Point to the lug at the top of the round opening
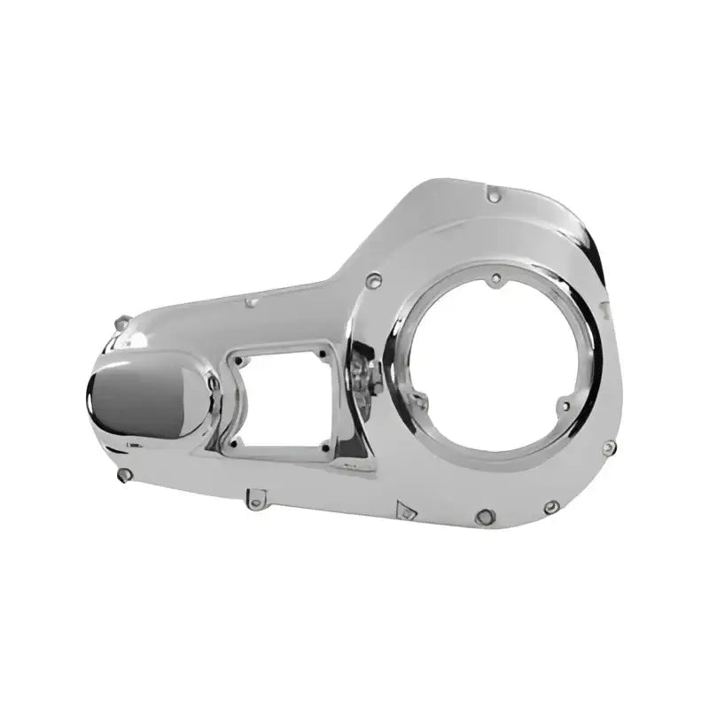[496, 279]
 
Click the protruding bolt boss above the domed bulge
[123, 323]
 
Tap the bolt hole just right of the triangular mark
[484, 516]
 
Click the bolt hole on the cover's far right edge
[607, 448]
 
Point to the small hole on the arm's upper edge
[252, 302]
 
